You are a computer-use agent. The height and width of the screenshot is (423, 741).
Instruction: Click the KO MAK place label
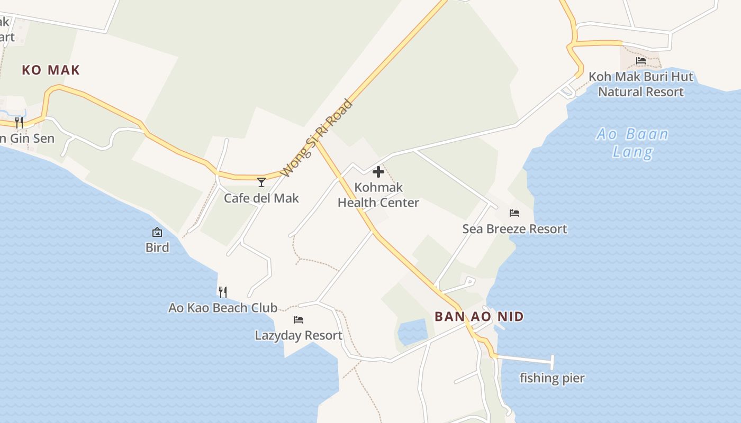point(51,70)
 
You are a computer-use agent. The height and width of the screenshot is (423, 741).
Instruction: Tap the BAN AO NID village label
point(479,317)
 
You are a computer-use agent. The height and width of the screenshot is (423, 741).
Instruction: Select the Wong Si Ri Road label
point(317,138)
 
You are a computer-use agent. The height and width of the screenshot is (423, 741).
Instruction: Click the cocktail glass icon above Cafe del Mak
point(261,182)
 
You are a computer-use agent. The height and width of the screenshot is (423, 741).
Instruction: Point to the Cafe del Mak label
point(261,198)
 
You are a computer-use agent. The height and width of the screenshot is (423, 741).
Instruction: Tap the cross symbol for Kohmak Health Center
point(378,172)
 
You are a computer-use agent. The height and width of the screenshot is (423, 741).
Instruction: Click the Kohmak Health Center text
point(378,195)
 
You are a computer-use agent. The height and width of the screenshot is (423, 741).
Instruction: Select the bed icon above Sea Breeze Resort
point(514,213)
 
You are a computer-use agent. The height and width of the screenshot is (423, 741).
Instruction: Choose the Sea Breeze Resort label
point(514,229)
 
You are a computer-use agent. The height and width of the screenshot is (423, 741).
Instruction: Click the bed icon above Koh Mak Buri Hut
point(641,61)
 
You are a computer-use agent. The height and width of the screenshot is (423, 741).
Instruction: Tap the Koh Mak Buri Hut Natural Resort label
point(641,84)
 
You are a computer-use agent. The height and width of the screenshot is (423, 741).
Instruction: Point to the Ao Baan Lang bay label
point(632,143)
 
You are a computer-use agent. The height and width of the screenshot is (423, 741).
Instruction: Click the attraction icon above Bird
point(157,232)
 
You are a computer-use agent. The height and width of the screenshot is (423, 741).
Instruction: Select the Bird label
point(157,247)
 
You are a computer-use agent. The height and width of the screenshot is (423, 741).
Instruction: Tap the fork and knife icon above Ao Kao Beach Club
point(223,292)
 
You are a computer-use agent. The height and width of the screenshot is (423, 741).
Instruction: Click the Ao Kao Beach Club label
point(223,308)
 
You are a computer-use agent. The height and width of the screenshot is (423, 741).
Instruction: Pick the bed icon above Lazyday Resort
point(299,320)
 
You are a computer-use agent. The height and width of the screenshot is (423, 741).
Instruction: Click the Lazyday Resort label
point(299,336)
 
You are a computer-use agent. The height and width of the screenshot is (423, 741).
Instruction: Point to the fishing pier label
point(552,378)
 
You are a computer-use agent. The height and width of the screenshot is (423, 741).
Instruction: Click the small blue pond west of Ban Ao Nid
point(412,332)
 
